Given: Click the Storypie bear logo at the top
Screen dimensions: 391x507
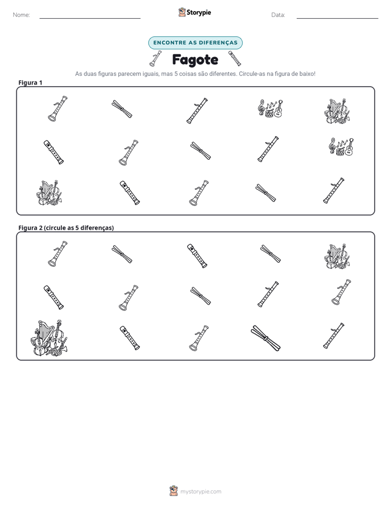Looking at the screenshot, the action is coord(182,12).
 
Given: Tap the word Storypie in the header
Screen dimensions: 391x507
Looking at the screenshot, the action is coord(199,13).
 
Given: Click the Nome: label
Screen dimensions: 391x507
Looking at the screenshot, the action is coord(21,15).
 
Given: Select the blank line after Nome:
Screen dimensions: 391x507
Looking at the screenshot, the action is coord(90,18).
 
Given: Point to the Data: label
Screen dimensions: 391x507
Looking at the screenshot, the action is coord(278,15).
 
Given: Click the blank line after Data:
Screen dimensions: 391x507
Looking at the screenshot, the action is coord(337,18).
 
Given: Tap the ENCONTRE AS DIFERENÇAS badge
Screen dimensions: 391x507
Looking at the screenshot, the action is coord(195,43).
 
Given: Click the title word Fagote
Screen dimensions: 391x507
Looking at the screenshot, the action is coord(195,60).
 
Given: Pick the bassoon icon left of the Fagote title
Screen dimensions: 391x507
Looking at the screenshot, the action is coord(156,58).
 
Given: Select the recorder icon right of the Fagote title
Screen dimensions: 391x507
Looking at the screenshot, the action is coord(234,58).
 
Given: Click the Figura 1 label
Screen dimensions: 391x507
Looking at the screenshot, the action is coord(30,82).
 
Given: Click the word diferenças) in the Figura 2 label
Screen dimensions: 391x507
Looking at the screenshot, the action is coord(97,228).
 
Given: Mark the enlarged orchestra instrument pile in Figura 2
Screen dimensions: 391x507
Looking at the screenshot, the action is coord(49,338).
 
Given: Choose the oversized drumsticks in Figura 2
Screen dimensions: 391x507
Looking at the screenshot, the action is coord(266,338).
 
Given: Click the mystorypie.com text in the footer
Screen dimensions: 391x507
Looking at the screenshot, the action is coord(200,492).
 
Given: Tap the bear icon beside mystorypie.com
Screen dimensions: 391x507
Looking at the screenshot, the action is coord(174,491).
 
